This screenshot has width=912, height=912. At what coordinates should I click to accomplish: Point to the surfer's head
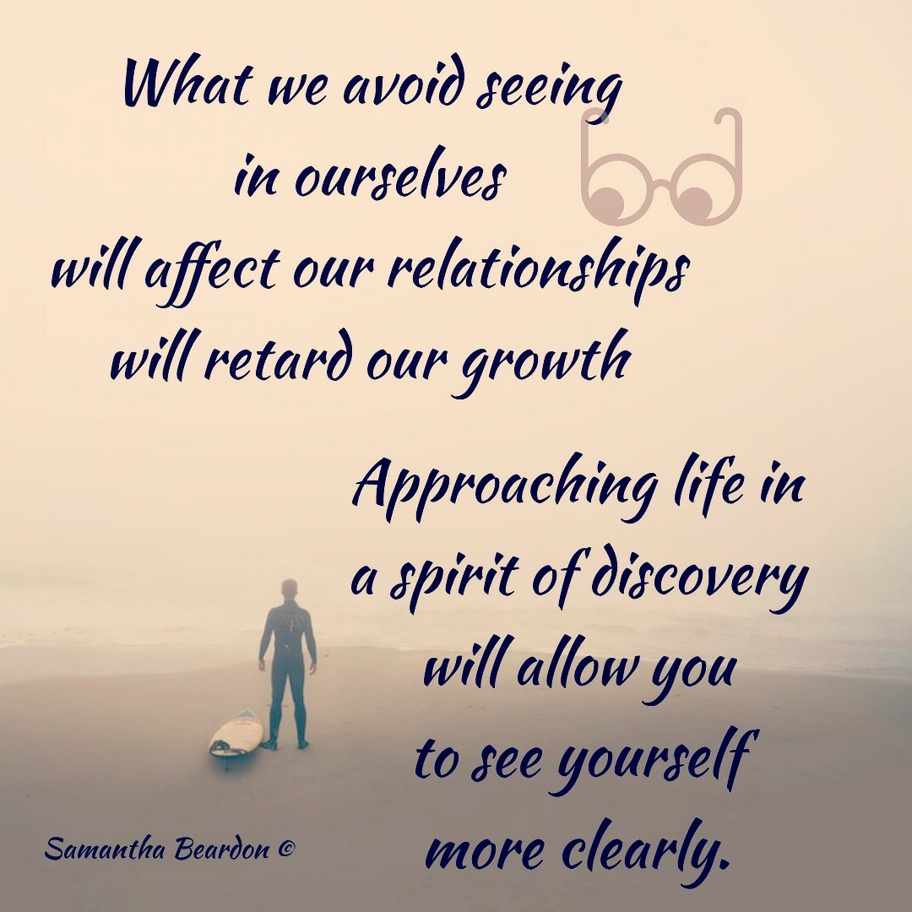click(289, 589)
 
